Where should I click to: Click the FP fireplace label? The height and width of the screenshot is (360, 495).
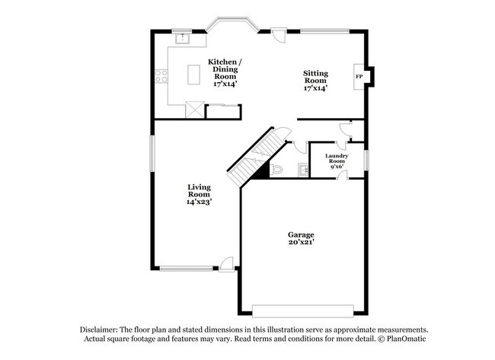point(358,77)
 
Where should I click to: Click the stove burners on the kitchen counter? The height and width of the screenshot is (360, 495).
point(161,75)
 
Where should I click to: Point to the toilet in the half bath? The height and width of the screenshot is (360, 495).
point(277,169)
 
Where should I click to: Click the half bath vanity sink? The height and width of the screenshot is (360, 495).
point(303,169)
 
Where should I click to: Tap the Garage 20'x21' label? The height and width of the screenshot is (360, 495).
point(301,238)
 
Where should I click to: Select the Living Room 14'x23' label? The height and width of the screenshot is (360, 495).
point(199,194)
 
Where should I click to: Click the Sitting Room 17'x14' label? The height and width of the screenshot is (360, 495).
point(315,81)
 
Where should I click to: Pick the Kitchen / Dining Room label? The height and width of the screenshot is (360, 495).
point(225,70)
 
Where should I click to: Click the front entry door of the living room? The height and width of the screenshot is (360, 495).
point(225,263)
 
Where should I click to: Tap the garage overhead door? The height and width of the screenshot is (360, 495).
point(303,311)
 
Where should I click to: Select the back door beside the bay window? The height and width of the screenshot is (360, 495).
point(279,34)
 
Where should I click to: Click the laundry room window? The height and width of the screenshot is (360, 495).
point(366,160)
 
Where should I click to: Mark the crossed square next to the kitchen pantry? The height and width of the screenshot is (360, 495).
point(195,110)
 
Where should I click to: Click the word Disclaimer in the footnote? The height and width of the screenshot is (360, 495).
point(104,330)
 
